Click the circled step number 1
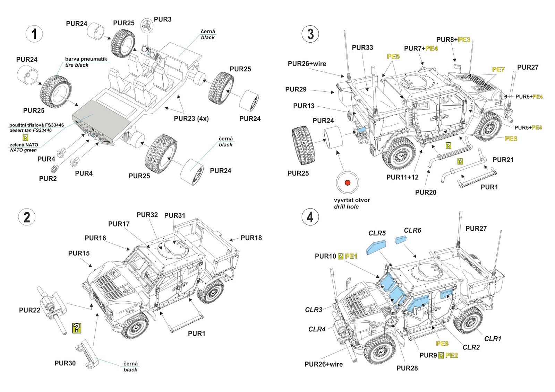[x=34, y=34]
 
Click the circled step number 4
[x=310, y=217]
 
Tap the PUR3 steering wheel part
[x=147, y=25]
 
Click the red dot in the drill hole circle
[x=348, y=182]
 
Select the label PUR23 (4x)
[x=191, y=118]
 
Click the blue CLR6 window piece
[x=401, y=240]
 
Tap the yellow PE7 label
[x=498, y=70]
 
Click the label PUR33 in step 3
[x=362, y=47]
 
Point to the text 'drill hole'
[x=346, y=207]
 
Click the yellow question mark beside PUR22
[x=77, y=328]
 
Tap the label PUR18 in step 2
[x=251, y=238]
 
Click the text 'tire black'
[x=77, y=65]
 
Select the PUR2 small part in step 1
[x=54, y=169]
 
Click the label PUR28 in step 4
[x=407, y=368]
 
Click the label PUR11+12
[x=402, y=177]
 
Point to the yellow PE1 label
[x=351, y=256]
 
